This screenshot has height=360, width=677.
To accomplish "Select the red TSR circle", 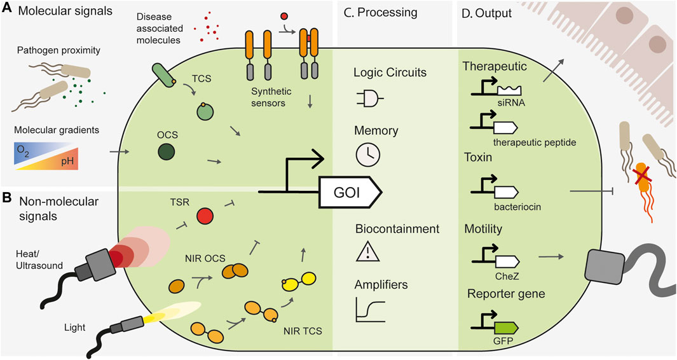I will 206,216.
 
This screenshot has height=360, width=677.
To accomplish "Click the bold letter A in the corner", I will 8,11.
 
